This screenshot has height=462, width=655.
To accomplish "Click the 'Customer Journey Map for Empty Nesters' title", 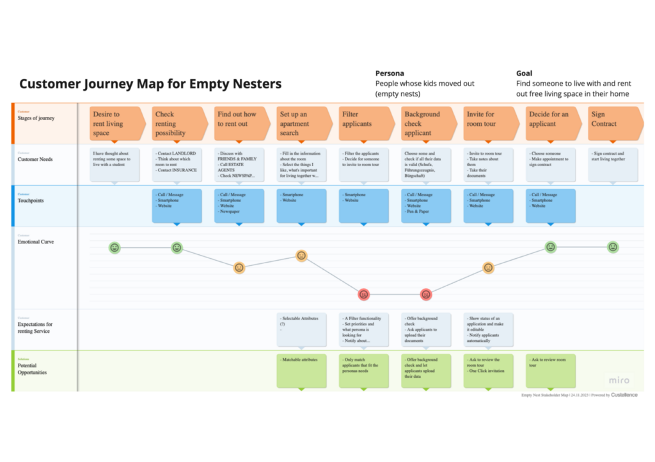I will (150, 84).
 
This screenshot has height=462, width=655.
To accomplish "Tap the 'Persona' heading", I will (390, 73).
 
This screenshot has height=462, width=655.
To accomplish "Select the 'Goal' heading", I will (524, 73).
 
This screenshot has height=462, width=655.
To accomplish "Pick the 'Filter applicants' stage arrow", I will (365, 123).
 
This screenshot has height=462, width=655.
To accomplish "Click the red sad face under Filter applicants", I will (364, 295).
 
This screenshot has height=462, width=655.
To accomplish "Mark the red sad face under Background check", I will (426, 295).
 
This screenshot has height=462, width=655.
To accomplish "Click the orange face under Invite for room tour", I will (489, 268).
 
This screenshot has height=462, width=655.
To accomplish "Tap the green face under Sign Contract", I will (613, 247).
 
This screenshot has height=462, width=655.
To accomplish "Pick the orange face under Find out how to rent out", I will (239, 268).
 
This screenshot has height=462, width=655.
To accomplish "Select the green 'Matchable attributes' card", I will (301, 371).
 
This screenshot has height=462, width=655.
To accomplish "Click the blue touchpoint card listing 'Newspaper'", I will (239, 205).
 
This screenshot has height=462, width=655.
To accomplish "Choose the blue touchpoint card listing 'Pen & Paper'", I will (426, 205).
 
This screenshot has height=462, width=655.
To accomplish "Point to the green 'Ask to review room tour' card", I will (550, 371).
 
